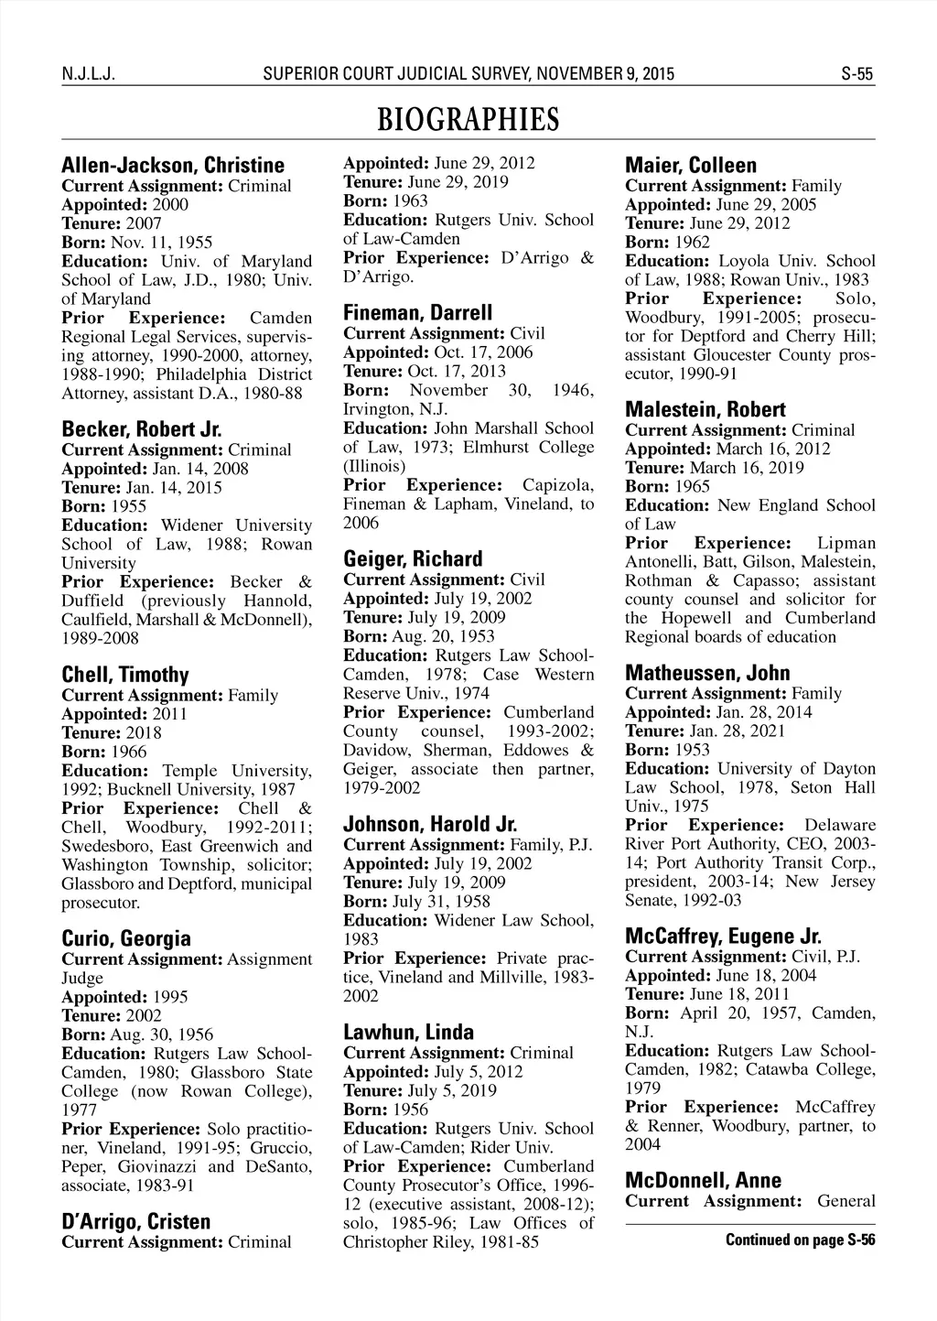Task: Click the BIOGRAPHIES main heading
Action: [x=468, y=120]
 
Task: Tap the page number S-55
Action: [x=857, y=74]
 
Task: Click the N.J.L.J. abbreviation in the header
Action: [x=87, y=74]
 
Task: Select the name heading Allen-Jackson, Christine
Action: [x=173, y=166]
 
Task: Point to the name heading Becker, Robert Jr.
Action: [x=142, y=429]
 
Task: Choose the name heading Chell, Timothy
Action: [x=125, y=675]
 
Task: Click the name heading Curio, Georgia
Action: [x=126, y=938]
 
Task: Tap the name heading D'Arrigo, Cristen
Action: [x=135, y=1221]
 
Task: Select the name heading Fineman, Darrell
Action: [x=418, y=312]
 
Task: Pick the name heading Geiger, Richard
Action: [x=413, y=558]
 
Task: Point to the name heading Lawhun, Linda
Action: [x=409, y=1032]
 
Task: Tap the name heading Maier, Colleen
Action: [x=691, y=166]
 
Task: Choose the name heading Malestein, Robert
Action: [x=705, y=409]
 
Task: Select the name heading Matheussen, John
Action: [x=707, y=673]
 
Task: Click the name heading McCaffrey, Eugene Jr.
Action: [x=723, y=937]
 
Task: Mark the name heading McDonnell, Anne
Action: [x=703, y=1180]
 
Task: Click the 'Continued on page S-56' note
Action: [x=800, y=1240]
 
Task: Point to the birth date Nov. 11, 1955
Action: [x=162, y=243]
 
